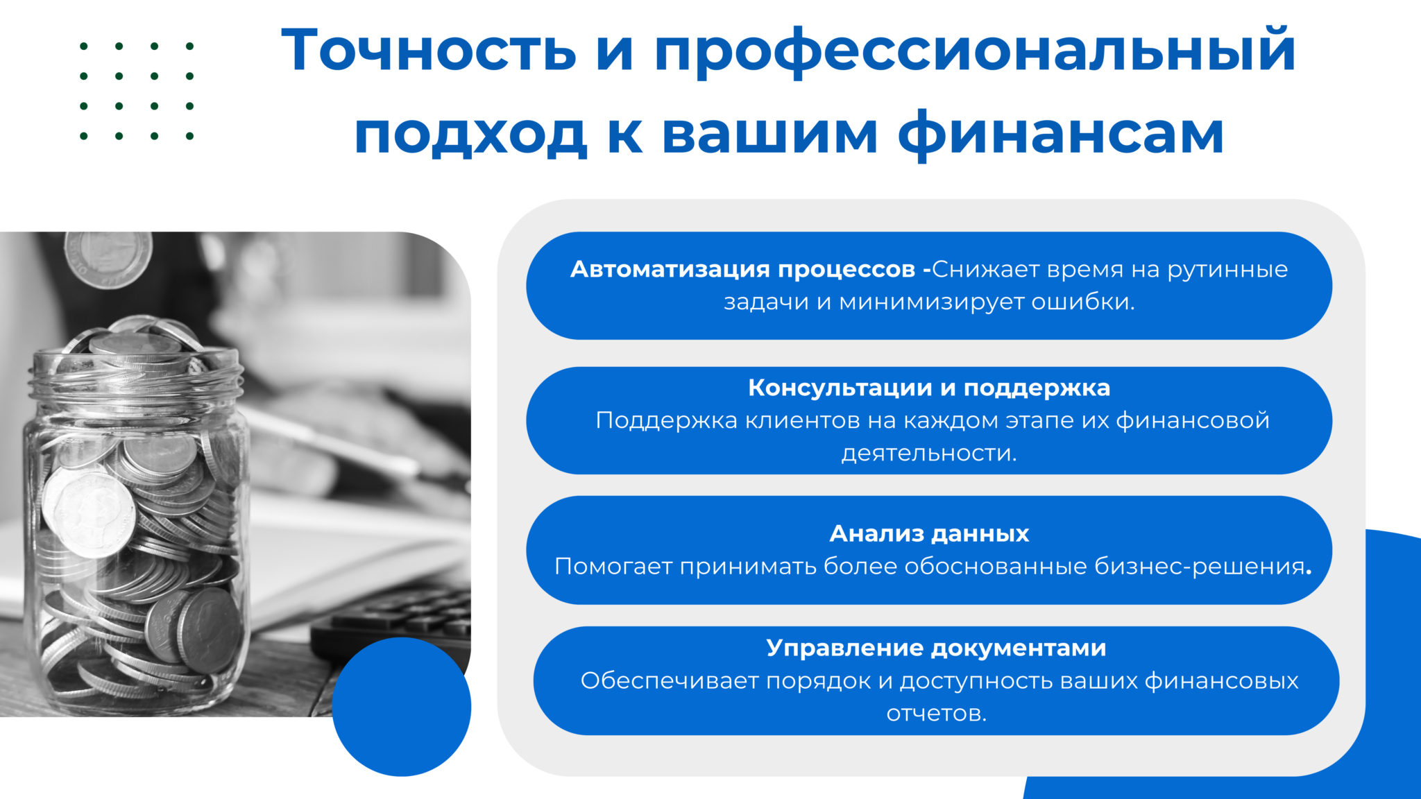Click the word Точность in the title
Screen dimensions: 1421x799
pos(429,49)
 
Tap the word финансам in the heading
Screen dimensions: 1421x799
pos(1061,134)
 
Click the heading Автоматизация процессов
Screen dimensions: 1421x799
pos(742,269)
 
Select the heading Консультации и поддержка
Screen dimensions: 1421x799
pos(929,388)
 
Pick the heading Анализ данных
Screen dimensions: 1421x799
pos(929,533)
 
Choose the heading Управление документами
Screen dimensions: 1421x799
pos(936,648)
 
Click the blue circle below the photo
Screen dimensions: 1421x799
pos(401,707)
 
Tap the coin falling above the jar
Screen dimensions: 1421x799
pos(108,259)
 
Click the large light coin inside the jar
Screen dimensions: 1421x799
pos(89,510)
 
